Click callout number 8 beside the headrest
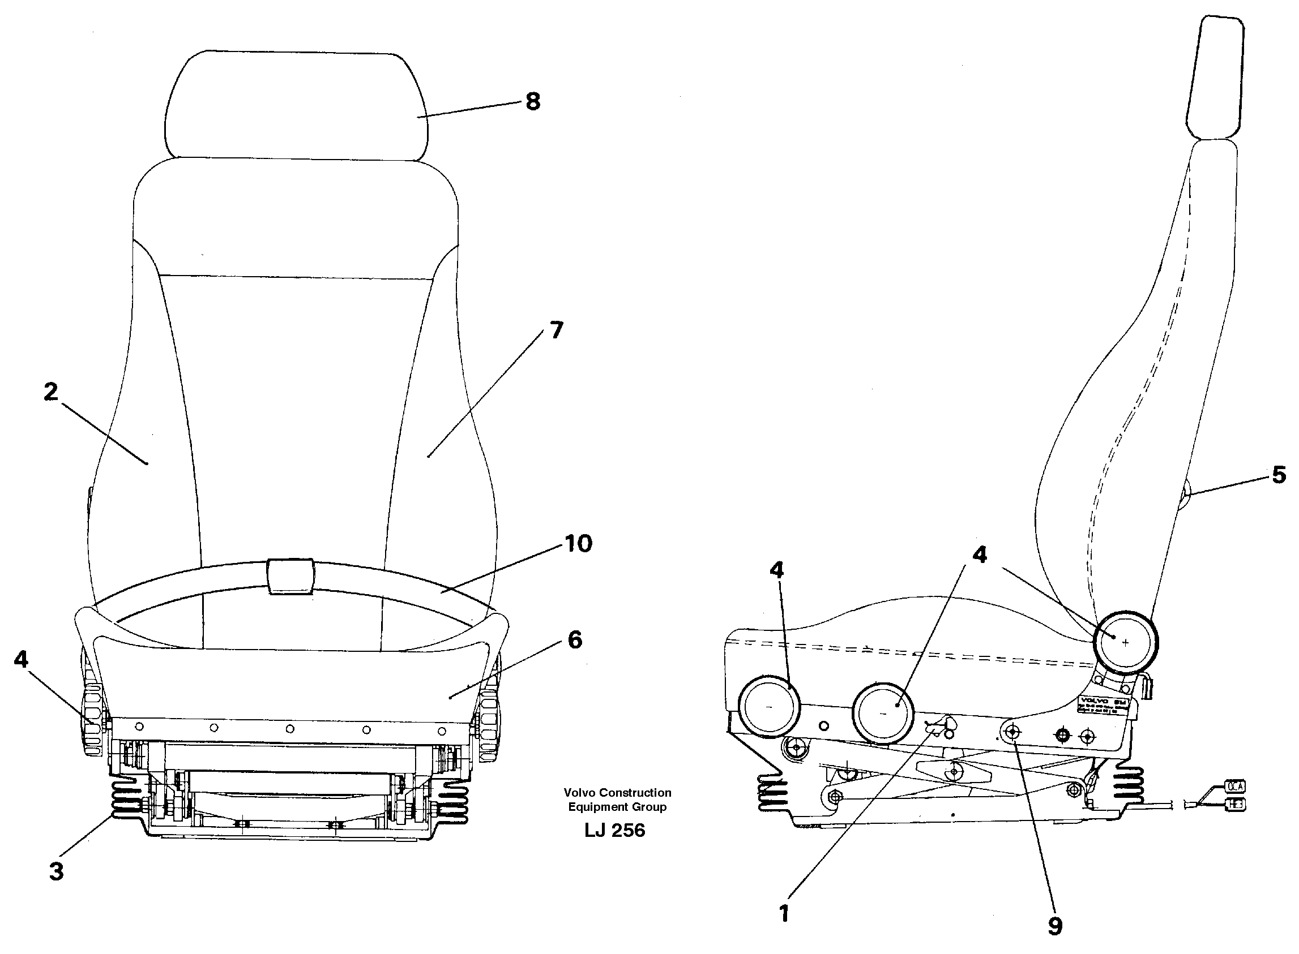532,102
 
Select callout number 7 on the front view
556,330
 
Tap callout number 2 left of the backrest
51,392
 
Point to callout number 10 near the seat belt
578,543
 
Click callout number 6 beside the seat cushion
574,640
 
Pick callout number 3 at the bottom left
56,871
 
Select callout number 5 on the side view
1279,475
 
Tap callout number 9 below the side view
1054,926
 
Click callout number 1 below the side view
784,914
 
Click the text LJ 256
614,831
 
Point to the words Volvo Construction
617,793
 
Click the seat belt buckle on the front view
291,576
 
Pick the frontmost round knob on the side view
769,707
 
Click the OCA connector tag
1234,787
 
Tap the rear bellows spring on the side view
1129,785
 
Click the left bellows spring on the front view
126,801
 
